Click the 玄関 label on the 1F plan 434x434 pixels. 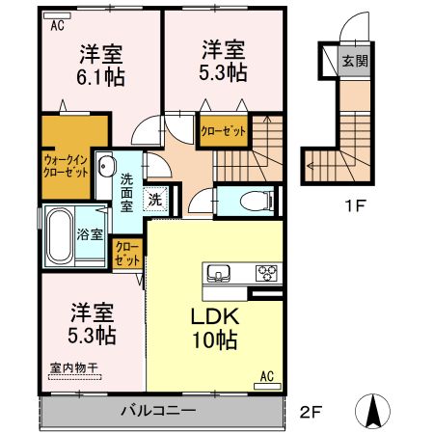pos(355,61)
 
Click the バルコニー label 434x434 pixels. pos(158,411)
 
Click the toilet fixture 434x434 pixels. pos(257,201)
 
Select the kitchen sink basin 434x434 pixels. pos(218,273)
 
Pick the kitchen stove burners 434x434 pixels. pos(267,273)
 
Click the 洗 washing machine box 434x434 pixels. pos(153,201)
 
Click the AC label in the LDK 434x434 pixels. pos(267,376)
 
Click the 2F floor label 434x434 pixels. pos(309,412)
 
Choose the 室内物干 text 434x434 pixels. pos(73,367)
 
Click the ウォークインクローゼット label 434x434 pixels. pos(66,164)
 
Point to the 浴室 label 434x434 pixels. pos(91,234)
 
